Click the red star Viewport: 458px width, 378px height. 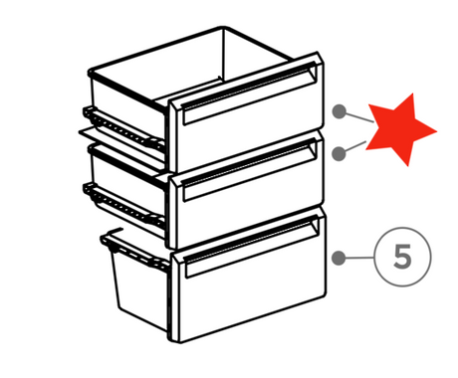[399, 130]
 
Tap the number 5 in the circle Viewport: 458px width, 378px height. [402, 257]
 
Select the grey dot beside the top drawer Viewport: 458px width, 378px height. [340, 111]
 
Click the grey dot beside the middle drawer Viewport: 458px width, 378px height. [339, 154]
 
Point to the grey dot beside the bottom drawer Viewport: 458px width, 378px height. [339, 258]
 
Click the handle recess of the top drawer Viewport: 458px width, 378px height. [249, 94]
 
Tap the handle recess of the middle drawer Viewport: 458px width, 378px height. [249, 170]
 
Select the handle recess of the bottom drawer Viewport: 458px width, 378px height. [251, 247]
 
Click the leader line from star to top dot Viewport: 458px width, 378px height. [359, 117]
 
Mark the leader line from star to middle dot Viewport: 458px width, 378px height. [355, 146]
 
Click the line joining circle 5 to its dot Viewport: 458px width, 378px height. [359, 258]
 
